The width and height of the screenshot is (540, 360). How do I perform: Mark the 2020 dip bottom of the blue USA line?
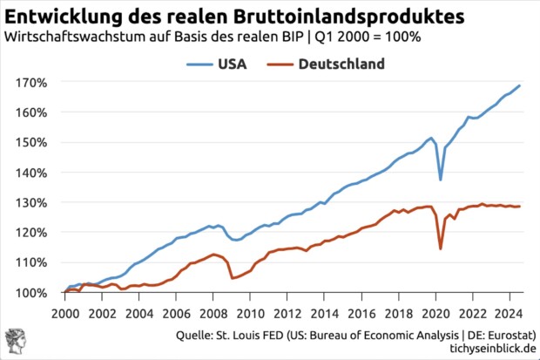[x=441, y=180]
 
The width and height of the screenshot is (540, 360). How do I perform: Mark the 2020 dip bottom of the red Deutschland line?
[x=441, y=248]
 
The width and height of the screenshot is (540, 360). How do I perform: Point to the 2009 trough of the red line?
[x=231, y=278]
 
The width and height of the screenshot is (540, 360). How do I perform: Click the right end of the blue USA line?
[x=520, y=85]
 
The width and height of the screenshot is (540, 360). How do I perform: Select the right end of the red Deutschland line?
[x=520, y=207]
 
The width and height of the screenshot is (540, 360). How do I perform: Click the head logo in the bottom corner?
[x=16, y=340]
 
